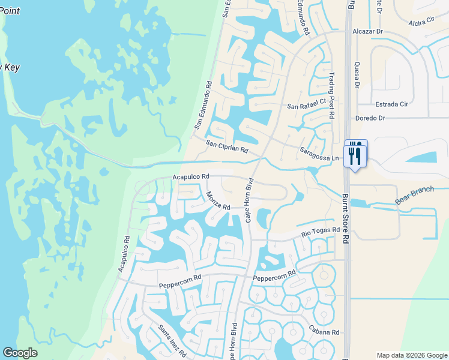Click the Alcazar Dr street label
point(367,31)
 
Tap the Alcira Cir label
point(421,22)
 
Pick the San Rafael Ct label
point(306,106)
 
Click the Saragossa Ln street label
point(320,154)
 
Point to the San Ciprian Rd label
point(227,146)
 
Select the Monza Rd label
point(218,200)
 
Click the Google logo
point(20,353)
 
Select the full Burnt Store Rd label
point(345,218)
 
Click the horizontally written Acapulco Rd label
point(190,177)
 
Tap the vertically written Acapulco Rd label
point(124,252)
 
